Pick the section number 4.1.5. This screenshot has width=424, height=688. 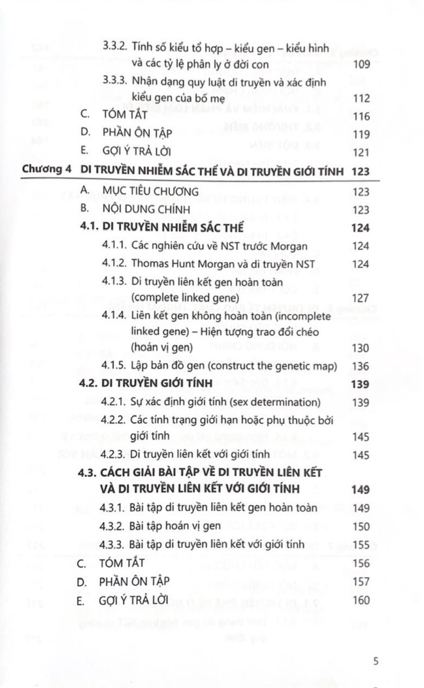pyautogui.click(x=114, y=366)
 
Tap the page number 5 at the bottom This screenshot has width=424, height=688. pyautogui.click(x=376, y=661)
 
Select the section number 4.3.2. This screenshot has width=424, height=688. pyautogui.click(x=114, y=526)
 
